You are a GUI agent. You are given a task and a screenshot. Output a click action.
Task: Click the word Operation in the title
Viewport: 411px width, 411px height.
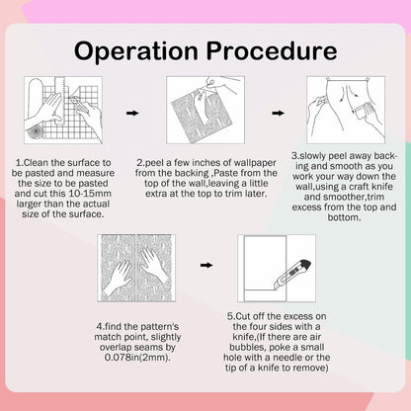click(x=136, y=51)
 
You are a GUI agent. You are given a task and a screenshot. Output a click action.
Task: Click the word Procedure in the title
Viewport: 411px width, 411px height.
click(x=272, y=51)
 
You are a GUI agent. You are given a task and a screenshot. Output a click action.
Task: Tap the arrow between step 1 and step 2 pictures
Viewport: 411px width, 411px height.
click(x=132, y=113)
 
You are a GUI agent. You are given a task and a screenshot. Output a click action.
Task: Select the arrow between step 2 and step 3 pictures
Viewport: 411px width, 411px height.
click(x=278, y=113)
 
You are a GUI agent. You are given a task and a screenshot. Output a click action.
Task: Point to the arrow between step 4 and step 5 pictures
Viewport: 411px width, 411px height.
click(x=206, y=265)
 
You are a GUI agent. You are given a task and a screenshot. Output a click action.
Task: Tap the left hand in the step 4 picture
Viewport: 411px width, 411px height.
click(x=118, y=278)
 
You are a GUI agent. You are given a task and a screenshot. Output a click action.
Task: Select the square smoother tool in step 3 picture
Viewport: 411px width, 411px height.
click(x=361, y=112)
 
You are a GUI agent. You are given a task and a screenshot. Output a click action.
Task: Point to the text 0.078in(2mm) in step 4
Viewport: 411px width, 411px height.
click(x=137, y=358)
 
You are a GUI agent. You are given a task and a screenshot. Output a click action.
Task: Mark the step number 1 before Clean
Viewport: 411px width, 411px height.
click(x=18, y=163)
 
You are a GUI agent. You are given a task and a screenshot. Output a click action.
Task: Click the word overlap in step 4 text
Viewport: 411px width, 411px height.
click(x=116, y=347)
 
